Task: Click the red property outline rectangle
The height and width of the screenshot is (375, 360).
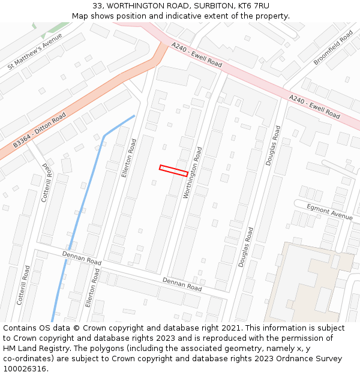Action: point(173,170)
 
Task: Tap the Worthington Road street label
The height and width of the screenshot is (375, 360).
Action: point(193,173)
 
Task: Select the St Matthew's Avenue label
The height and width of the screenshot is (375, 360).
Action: point(35,52)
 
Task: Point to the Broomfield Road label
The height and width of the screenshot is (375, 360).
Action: point(333,47)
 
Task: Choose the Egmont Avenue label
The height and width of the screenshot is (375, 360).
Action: point(329,212)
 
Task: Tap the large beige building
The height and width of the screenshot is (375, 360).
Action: point(309,282)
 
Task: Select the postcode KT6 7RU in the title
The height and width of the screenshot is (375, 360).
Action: point(253,6)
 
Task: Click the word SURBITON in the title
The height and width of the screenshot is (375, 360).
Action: point(211,6)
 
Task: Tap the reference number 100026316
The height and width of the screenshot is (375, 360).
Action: point(25,369)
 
